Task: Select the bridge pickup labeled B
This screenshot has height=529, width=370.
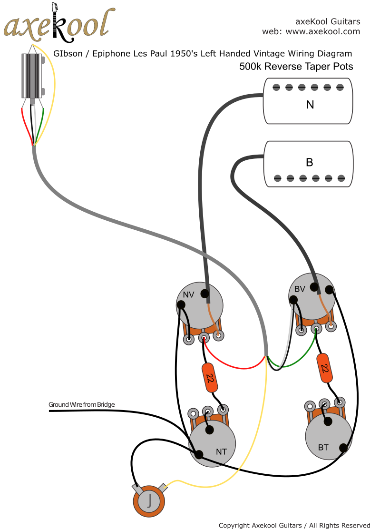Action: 308,163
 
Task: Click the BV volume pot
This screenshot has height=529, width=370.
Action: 312,296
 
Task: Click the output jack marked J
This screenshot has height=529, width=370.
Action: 149,501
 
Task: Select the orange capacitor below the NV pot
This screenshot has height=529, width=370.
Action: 209,377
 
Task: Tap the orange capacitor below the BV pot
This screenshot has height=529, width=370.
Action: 324,368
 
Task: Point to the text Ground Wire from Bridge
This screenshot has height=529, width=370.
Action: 81,405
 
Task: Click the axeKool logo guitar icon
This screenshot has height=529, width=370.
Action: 55,21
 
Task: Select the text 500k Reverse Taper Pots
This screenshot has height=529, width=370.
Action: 296,67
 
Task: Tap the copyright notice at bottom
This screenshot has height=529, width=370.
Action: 294,525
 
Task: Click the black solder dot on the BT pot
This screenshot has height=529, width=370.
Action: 343,447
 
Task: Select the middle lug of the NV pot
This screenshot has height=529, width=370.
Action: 204,338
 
